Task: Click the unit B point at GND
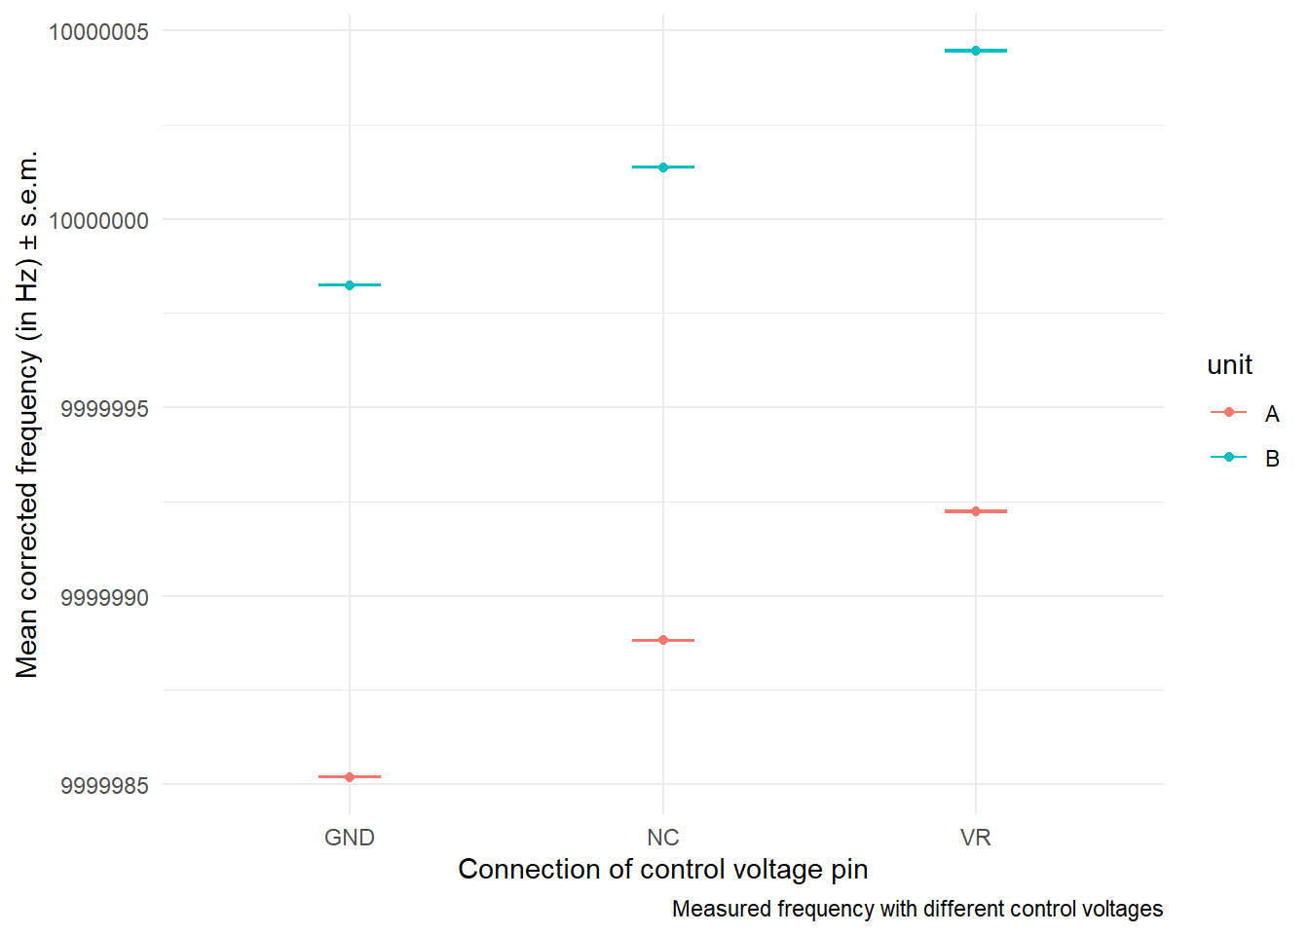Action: point(350,284)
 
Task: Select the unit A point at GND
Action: point(350,777)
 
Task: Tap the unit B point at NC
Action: point(663,168)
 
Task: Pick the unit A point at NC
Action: point(663,640)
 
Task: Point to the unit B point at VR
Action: point(976,51)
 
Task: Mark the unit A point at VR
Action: point(976,511)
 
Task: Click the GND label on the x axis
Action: point(350,838)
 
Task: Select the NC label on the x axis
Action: point(663,838)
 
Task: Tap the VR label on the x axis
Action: point(976,838)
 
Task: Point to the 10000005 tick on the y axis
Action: point(99,32)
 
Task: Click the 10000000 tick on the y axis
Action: point(99,220)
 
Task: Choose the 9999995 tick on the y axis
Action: point(105,408)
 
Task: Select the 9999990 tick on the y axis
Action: point(105,597)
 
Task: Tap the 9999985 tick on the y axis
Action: point(105,785)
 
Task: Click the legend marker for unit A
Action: point(1229,412)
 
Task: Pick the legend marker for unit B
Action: point(1229,457)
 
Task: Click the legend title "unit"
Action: point(1229,365)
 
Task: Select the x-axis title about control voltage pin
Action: point(663,869)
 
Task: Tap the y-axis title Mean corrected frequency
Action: point(27,414)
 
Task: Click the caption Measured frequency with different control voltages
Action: point(917,909)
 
